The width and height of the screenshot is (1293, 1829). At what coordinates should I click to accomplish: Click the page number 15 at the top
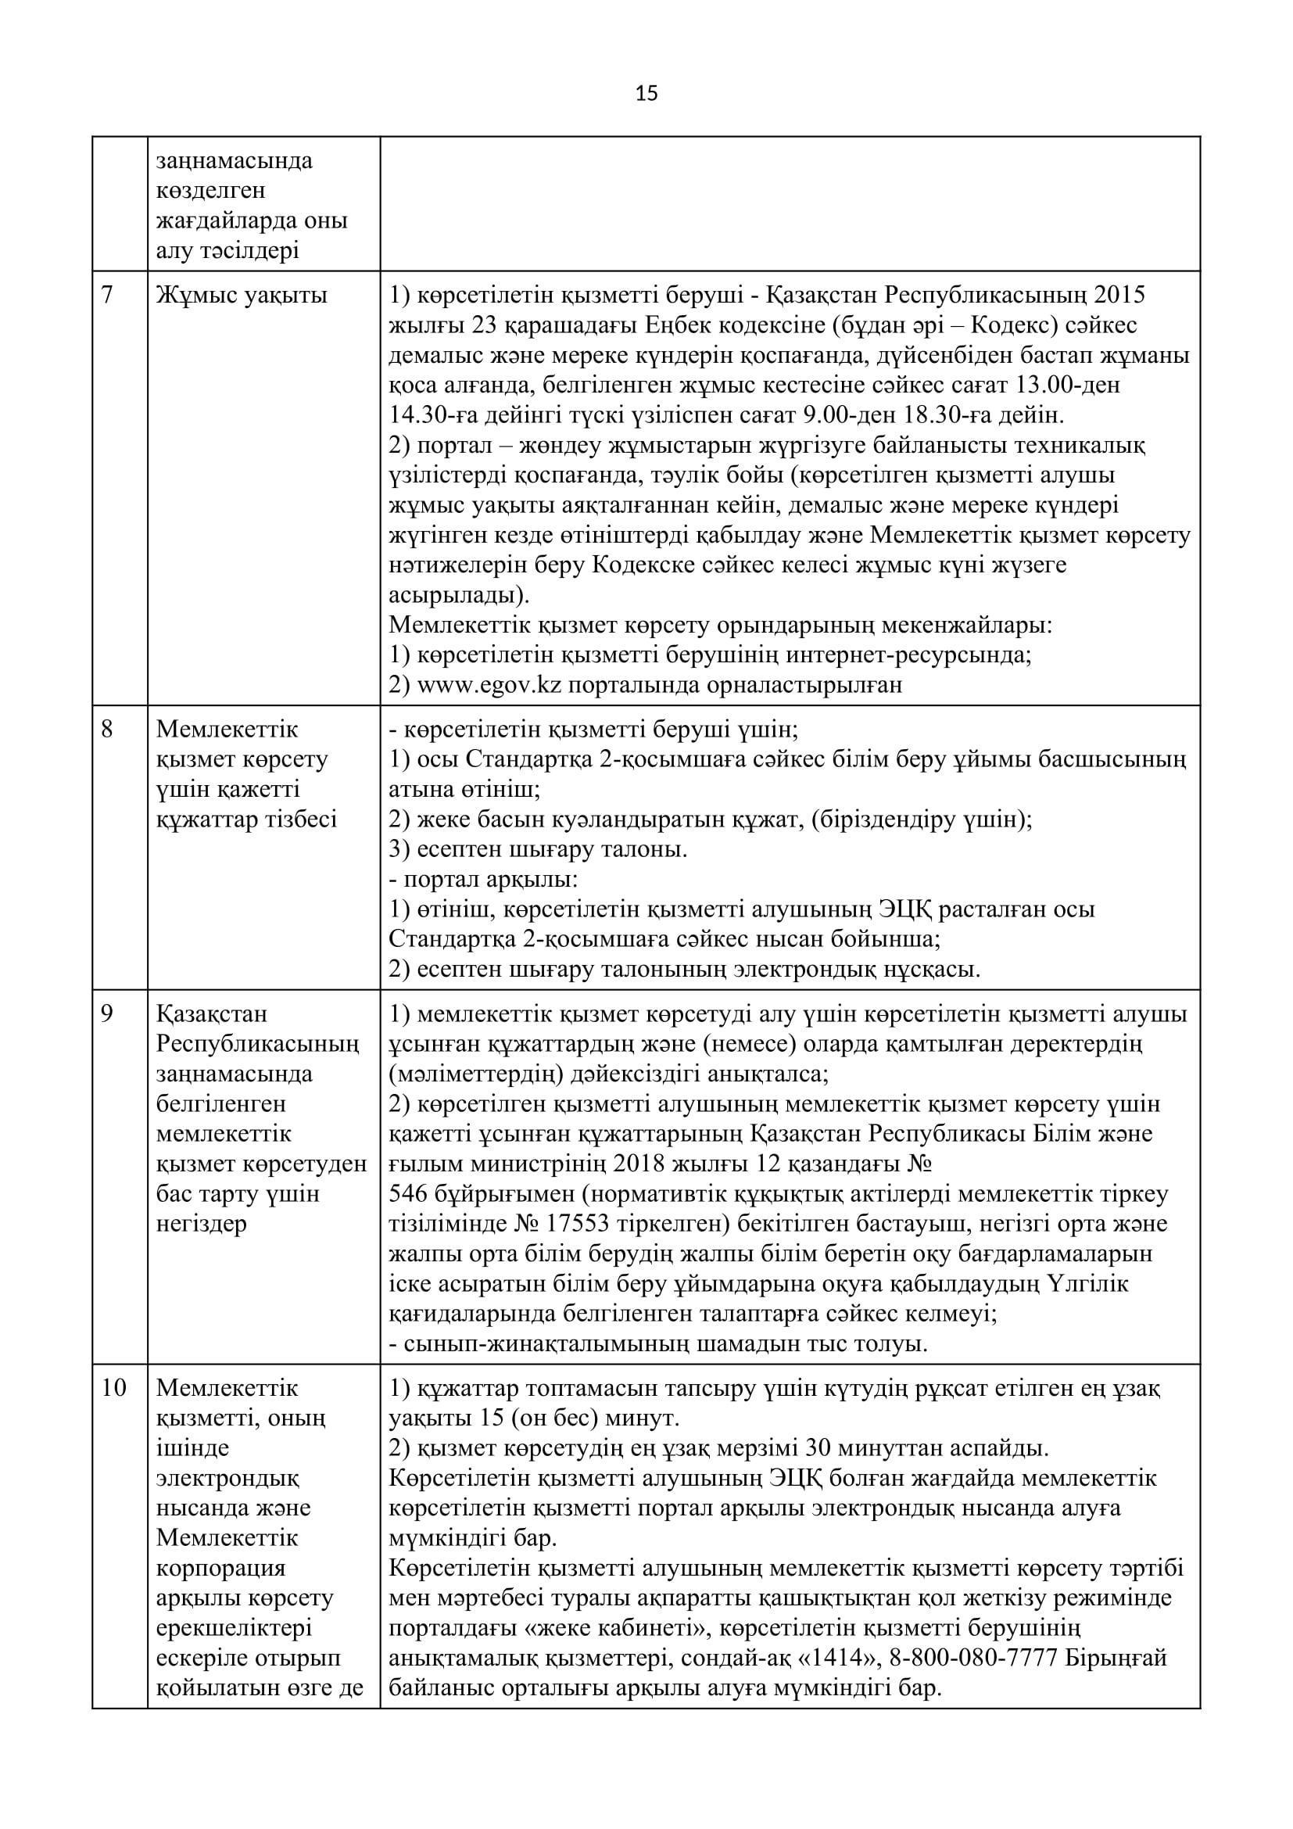pyautogui.click(x=646, y=95)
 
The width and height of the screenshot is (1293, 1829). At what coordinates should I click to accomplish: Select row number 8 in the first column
pyautogui.click(x=107, y=729)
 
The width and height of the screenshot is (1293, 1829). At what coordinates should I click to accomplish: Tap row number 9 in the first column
pyautogui.click(x=107, y=1014)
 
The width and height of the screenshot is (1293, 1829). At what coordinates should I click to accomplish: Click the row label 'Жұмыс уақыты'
pyautogui.click(x=242, y=296)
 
